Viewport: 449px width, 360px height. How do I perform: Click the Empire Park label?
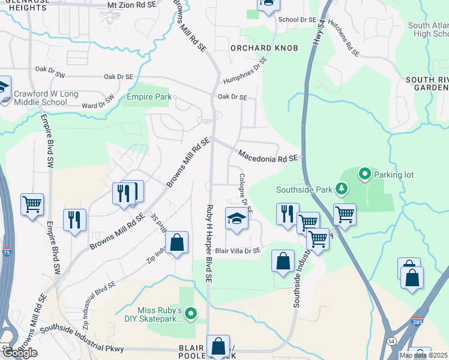point(148,97)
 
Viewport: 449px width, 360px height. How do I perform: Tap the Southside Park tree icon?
point(342,189)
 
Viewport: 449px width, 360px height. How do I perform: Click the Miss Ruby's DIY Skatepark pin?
point(191,313)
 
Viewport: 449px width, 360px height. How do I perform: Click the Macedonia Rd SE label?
point(268,157)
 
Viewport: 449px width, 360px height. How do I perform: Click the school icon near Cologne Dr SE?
point(236,218)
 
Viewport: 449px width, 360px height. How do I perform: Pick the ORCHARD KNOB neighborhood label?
point(256,47)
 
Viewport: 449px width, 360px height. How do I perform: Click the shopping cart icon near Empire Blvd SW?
point(32,204)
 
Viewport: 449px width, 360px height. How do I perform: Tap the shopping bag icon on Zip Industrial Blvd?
point(176,243)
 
